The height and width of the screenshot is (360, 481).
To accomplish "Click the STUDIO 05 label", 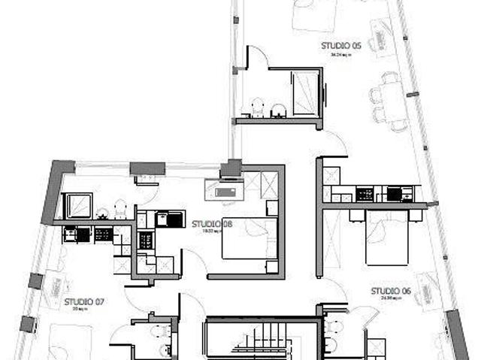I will pyautogui.click(x=341, y=46).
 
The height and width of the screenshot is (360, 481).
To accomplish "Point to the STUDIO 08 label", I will pyautogui.click(x=212, y=223).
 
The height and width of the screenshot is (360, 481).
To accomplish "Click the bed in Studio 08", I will pyautogui.click(x=249, y=239).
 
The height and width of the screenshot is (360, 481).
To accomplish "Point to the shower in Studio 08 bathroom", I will pyautogui.click(x=78, y=205).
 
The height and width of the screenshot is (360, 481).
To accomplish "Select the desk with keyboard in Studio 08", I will pyautogui.click(x=224, y=191).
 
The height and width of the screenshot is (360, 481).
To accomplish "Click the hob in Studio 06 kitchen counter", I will pyautogui.click(x=365, y=194).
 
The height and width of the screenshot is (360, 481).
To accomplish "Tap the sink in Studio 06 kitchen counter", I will pyautogui.click(x=395, y=194).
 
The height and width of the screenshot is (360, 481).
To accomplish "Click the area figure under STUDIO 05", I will pyautogui.click(x=341, y=54).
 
